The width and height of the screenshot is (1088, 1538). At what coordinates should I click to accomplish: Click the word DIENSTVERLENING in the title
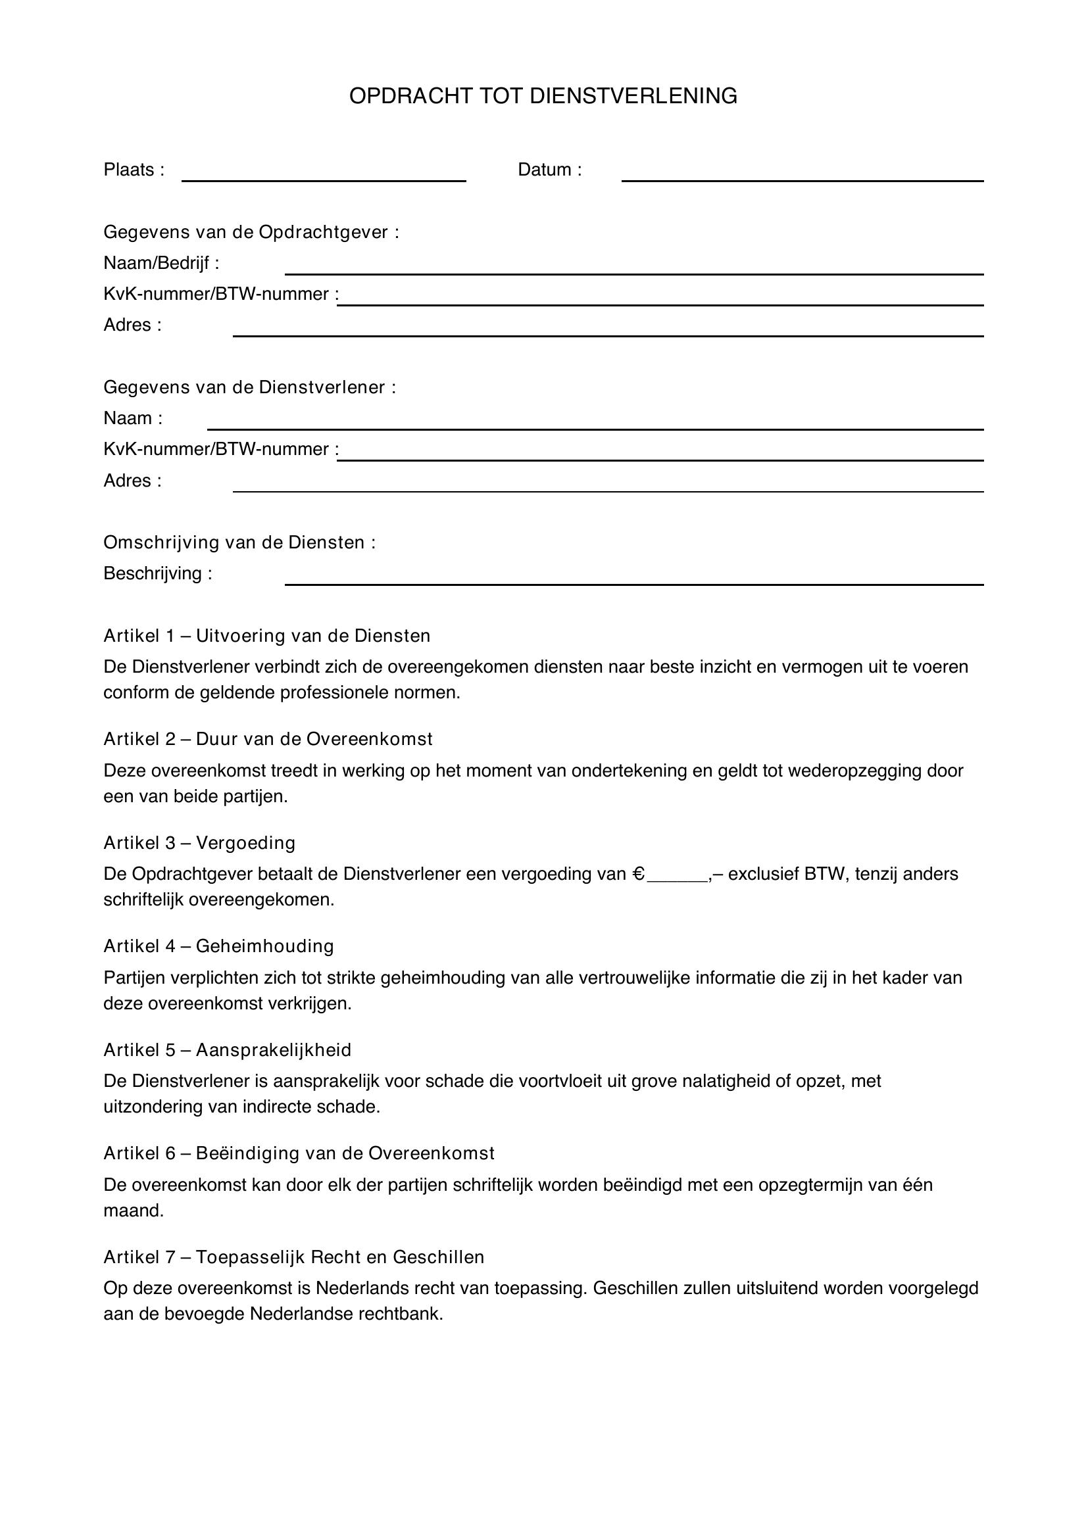[x=633, y=97]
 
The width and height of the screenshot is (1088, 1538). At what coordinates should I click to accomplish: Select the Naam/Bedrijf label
[x=161, y=263]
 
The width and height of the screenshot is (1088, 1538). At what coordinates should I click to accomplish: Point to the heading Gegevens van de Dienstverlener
[x=249, y=387]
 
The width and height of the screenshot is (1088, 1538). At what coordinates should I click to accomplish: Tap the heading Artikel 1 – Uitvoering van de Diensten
[x=266, y=636]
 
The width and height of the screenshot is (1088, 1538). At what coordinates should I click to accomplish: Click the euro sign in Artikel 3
[x=639, y=874]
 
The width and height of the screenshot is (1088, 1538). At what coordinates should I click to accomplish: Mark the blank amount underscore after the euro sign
[x=677, y=878]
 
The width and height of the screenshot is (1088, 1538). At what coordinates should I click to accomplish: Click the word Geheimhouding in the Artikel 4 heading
[x=264, y=946]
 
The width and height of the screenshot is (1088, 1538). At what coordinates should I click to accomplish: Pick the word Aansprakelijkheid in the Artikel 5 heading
[x=274, y=1049]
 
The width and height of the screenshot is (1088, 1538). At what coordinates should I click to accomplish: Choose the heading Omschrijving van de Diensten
[x=239, y=542]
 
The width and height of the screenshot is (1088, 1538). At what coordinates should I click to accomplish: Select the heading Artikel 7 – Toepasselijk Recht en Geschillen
[x=293, y=1257]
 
